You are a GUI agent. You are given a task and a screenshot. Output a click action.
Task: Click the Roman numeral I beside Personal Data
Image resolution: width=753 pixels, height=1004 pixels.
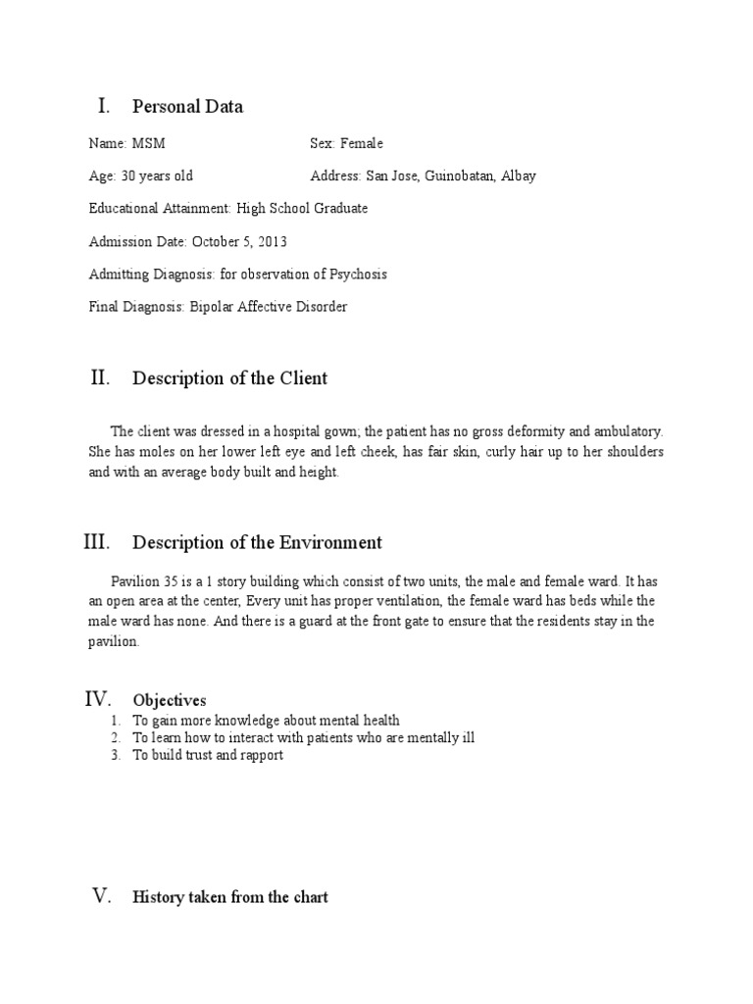pos(101,106)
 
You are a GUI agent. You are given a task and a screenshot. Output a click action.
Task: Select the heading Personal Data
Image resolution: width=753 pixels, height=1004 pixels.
pos(187,107)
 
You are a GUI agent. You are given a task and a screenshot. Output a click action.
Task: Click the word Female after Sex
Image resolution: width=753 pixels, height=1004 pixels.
pos(362,144)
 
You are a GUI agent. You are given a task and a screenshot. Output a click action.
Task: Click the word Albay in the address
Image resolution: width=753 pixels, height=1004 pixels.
pos(520,176)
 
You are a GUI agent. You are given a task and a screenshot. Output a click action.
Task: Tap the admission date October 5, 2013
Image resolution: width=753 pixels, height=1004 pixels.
pos(239,241)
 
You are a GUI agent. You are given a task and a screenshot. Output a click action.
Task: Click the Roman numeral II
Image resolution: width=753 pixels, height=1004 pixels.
pos(100,377)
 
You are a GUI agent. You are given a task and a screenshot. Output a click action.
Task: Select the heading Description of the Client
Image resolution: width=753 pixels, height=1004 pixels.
pos(229,378)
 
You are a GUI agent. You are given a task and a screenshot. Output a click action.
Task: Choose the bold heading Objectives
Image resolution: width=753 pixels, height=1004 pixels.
pos(170,700)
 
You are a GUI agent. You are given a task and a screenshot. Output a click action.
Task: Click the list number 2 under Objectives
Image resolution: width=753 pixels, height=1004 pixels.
pos(115,737)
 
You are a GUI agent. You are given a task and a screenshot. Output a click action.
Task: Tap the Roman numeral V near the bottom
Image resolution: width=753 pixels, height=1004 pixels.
pos(102,896)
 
